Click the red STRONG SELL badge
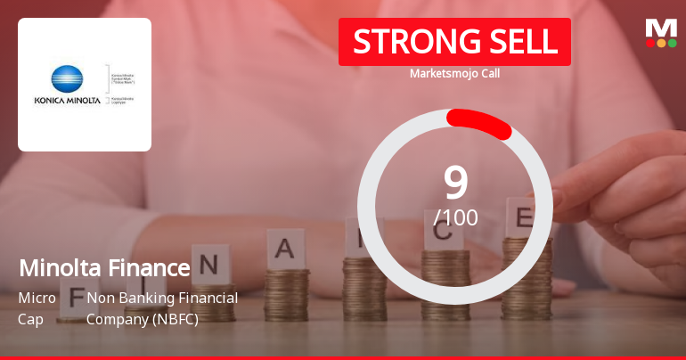pyautogui.click(x=454, y=42)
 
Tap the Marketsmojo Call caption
pyautogui.click(x=454, y=73)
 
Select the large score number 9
pyautogui.click(x=455, y=182)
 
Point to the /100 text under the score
pyautogui.click(x=455, y=217)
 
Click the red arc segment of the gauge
pyautogui.click(x=479, y=124)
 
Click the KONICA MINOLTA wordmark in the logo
pyautogui.click(x=66, y=100)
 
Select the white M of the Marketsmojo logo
pyautogui.click(x=660, y=28)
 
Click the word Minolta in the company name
pyautogui.click(x=58, y=267)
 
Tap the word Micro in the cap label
pyautogui.click(x=37, y=298)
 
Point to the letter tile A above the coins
pyautogui.click(x=283, y=250)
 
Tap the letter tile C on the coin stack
pyautogui.click(x=443, y=236)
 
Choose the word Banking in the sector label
pyautogui.click(x=147, y=298)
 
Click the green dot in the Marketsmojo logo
pyautogui.click(x=672, y=43)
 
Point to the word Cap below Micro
pyautogui.click(x=30, y=318)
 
